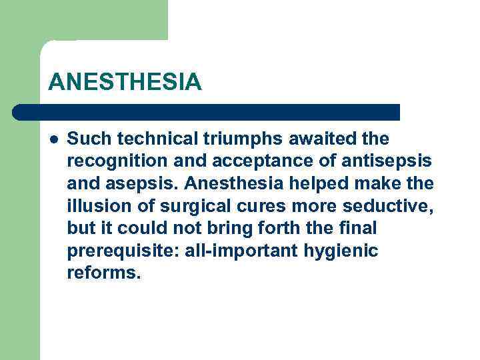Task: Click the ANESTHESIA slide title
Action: (125, 82)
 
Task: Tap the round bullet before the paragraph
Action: (54, 139)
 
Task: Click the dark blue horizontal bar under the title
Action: (207, 112)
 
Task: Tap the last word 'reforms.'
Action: (104, 273)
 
